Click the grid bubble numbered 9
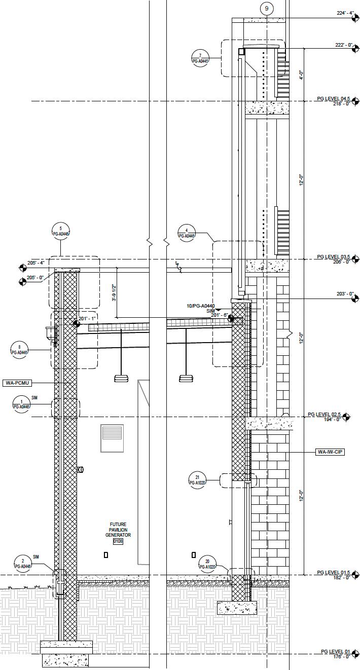pyautogui.click(x=267, y=9)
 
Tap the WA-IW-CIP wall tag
pyautogui.click(x=330, y=452)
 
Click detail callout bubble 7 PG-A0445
pyautogui.click(x=200, y=58)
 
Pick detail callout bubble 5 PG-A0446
pyautogui.click(x=60, y=231)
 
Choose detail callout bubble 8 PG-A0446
pyautogui.click(x=19, y=350)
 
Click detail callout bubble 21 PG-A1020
pyautogui.click(x=197, y=479)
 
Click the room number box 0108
pyautogui.click(x=118, y=541)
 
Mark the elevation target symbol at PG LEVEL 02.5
pyautogui.click(x=346, y=417)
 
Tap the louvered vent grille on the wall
pyautogui.click(x=112, y=438)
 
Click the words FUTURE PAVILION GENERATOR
pyautogui.click(x=118, y=530)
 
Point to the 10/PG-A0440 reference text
pyautogui.click(x=200, y=306)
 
